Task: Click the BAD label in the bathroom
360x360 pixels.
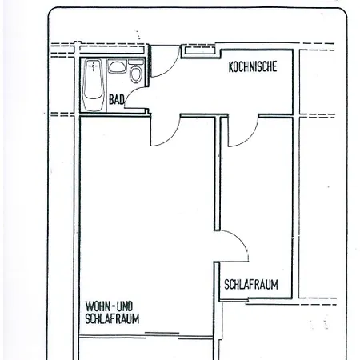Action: pyautogui.click(x=117, y=100)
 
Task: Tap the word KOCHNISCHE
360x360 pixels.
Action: pyautogui.click(x=253, y=66)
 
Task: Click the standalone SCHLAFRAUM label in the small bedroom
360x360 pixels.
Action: pyautogui.click(x=251, y=285)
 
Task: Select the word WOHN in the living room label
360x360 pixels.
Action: pyautogui.click(x=97, y=306)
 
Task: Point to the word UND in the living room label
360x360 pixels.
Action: pyautogui.click(x=125, y=306)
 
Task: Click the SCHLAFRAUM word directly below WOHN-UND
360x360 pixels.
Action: pyautogui.click(x=112, y=318)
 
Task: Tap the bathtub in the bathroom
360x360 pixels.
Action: pyautogui.click(x=94, y=85)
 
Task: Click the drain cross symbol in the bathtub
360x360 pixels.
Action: pyautogui.click(x=93, y=66)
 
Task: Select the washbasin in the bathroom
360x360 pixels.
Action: pyautogui.click(x=117, y=66)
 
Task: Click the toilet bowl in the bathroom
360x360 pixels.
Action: pyautogui.click(x=136, y=74)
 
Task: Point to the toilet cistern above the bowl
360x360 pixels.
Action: pyautogui.click(x=136, y=62)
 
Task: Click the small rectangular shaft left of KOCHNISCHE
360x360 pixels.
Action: pyautogui.click(x=200, y=50)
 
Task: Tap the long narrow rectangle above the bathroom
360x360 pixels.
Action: pyautogui.click(x=112, y=50)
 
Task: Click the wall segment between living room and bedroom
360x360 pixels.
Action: pyautogui.click(x=218, y=174)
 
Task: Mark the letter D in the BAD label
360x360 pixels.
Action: pyautogui.click(x=122, y=100)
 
